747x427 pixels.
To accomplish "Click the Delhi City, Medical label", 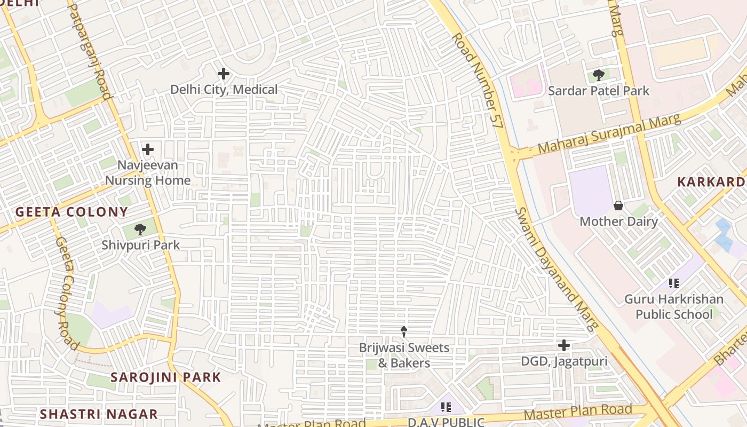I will click(224, 89).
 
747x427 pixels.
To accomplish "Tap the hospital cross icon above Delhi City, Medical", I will click(224, 74).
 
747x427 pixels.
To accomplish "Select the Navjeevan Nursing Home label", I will click(147, 173).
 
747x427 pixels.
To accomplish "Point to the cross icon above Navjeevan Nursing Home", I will click(148, 149).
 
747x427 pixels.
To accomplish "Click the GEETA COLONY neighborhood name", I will click(71, 212).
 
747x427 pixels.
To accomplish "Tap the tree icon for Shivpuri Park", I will click(140, 230).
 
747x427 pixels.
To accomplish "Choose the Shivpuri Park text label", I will click(141, 246).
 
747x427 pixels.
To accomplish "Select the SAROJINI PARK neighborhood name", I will click(165, 377).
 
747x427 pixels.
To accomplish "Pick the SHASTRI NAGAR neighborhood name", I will click(99, 414).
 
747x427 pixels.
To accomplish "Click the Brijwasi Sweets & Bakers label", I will click(404, 355).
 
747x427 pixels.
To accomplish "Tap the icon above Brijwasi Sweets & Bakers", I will click(404, 331).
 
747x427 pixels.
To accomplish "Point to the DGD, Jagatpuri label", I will click(564, 361).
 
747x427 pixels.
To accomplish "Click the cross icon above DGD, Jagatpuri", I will click(564, 345).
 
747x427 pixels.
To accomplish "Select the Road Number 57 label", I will click(478, 80).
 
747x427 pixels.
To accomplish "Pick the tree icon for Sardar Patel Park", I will click(598, 75).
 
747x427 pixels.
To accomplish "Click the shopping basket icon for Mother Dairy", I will click(618, 205).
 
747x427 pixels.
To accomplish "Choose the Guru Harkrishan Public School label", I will click(674, 306).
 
